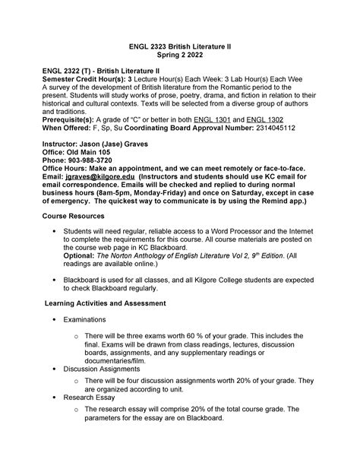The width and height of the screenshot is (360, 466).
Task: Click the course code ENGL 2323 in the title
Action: pos(149,46)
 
